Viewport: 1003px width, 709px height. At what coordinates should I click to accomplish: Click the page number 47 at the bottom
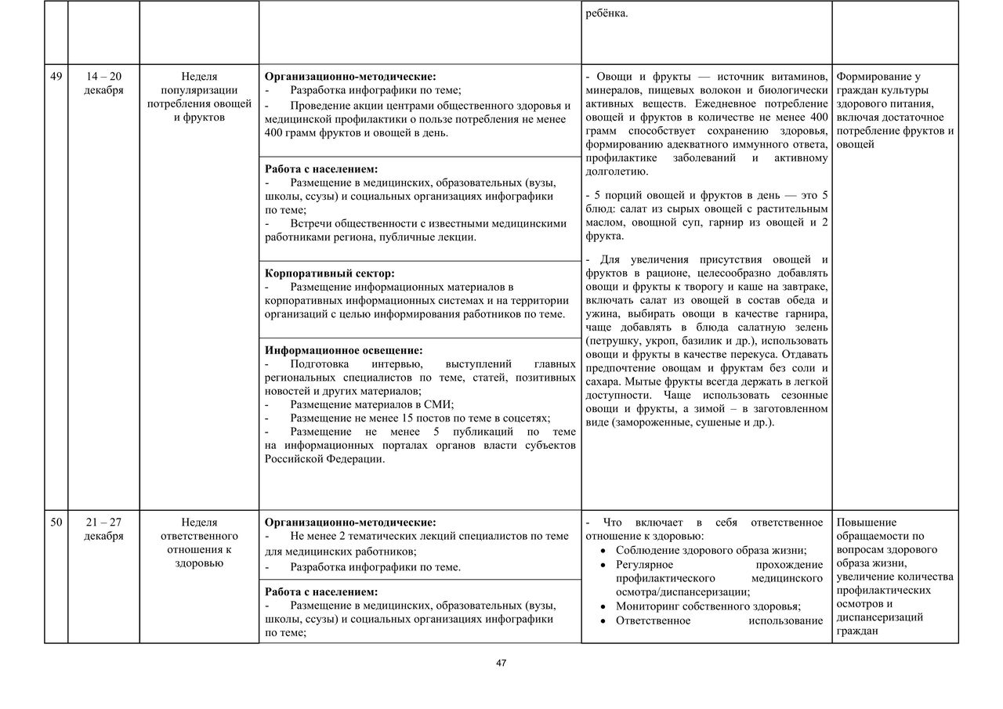(x=501, y=663)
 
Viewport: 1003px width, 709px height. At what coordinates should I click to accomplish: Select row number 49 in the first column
(x=56, y=76)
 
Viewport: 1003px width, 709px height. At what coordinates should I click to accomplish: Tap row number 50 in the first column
(x=56, y=522)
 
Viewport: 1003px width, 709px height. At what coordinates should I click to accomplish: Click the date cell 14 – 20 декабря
(x=103, y=83)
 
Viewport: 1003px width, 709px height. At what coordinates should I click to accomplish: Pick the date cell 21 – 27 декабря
(x=103, y=529)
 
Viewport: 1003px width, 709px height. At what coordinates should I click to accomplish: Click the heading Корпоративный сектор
(x=329, y=273)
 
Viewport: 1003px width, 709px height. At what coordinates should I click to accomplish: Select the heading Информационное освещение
(x=343, y=350)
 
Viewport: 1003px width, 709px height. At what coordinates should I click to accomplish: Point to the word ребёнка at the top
(x=607, y=13)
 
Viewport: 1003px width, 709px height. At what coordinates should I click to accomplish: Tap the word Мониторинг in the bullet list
(x=654, y=606)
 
